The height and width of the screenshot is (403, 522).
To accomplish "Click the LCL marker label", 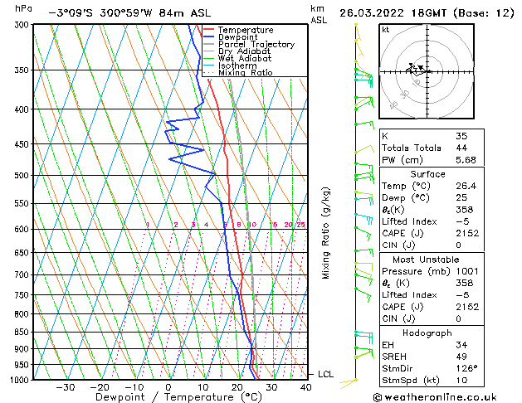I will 325,375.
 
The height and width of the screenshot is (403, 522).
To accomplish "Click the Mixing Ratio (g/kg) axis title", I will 326,232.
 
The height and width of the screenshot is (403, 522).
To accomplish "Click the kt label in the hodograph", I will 385,30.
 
